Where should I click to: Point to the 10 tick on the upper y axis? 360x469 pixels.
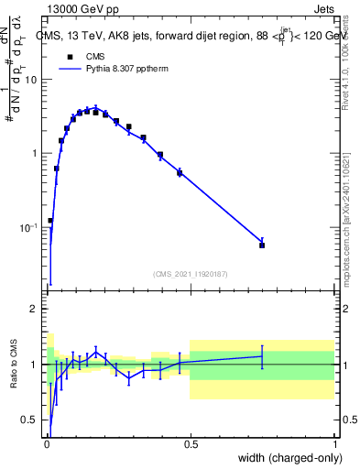tap(31, 80)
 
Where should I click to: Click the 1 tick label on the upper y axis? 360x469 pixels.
tap(35, 153)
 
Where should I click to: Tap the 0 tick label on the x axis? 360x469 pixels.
tap(46, 442)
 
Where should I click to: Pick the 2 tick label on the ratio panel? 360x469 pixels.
tap(35, 309)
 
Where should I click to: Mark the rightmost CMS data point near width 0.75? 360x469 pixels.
tap(262, 245)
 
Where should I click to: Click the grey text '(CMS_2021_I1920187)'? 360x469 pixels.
tap(190, 273)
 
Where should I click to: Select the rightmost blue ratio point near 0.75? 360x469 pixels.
tap(262, 356)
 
